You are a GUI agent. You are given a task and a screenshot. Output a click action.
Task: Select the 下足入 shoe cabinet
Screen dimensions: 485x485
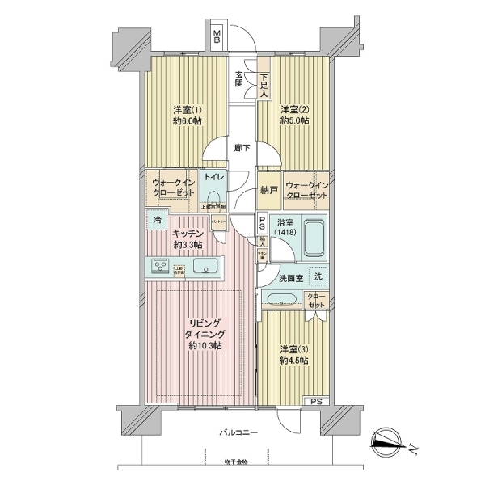(264, 84)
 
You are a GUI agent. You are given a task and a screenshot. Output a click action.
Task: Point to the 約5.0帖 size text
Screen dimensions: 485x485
(295, 122)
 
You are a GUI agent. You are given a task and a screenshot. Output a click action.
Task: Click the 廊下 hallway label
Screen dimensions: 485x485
(241, 148)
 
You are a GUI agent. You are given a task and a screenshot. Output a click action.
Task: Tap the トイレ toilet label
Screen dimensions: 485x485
(213, 176)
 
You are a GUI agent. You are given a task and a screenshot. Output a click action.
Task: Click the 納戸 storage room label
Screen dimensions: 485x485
(269, 190)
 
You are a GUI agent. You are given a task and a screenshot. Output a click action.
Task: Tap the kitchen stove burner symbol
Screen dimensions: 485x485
(159, 267)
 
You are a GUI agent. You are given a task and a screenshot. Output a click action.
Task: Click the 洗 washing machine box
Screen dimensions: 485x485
(318, 276)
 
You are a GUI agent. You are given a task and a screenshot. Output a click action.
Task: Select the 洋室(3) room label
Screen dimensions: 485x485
(293, 350)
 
